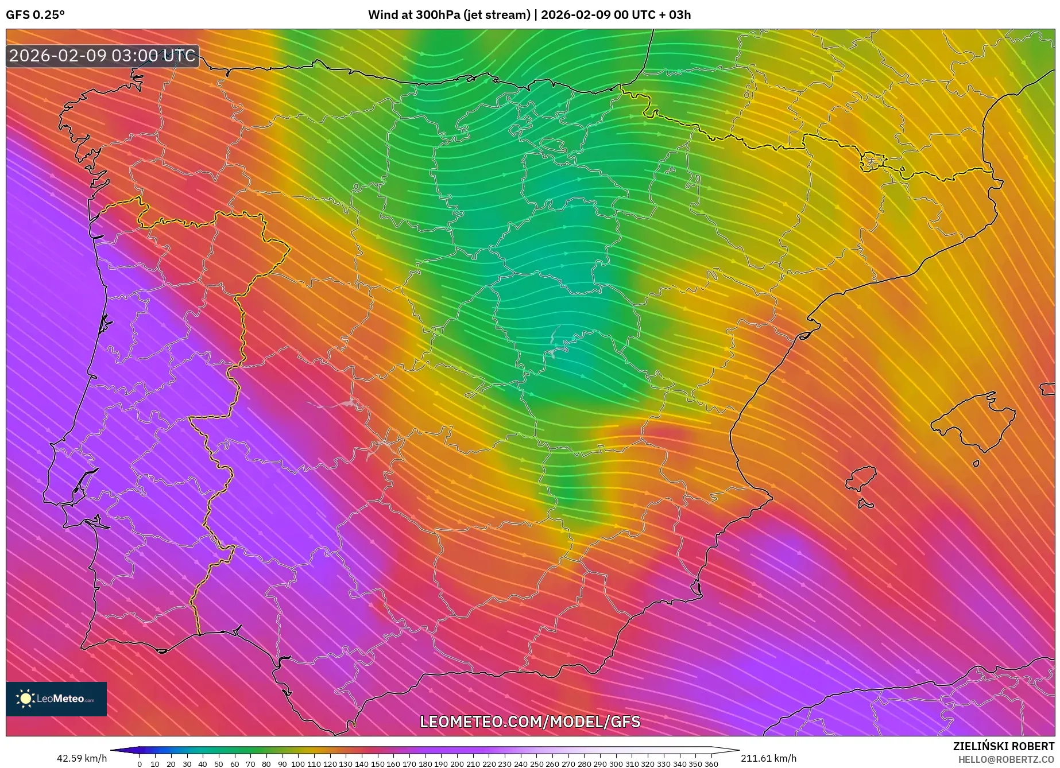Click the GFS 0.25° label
click(35, 15)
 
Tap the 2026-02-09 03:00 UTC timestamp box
click(102, 56)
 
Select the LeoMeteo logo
click(56, 699)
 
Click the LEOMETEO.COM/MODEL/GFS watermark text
click(530, 722)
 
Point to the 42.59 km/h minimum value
click(82, 758)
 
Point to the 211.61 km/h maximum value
click(768, 758)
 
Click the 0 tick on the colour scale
click(140, 764)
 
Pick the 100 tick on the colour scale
click(298, 764)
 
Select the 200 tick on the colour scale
click(457, 764)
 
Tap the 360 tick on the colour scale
click(711, 764)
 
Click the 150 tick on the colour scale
click(377, 764)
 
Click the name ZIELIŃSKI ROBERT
click(1004, 747)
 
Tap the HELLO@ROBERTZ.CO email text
click(1006, 759)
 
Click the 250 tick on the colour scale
click(536, 764)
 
